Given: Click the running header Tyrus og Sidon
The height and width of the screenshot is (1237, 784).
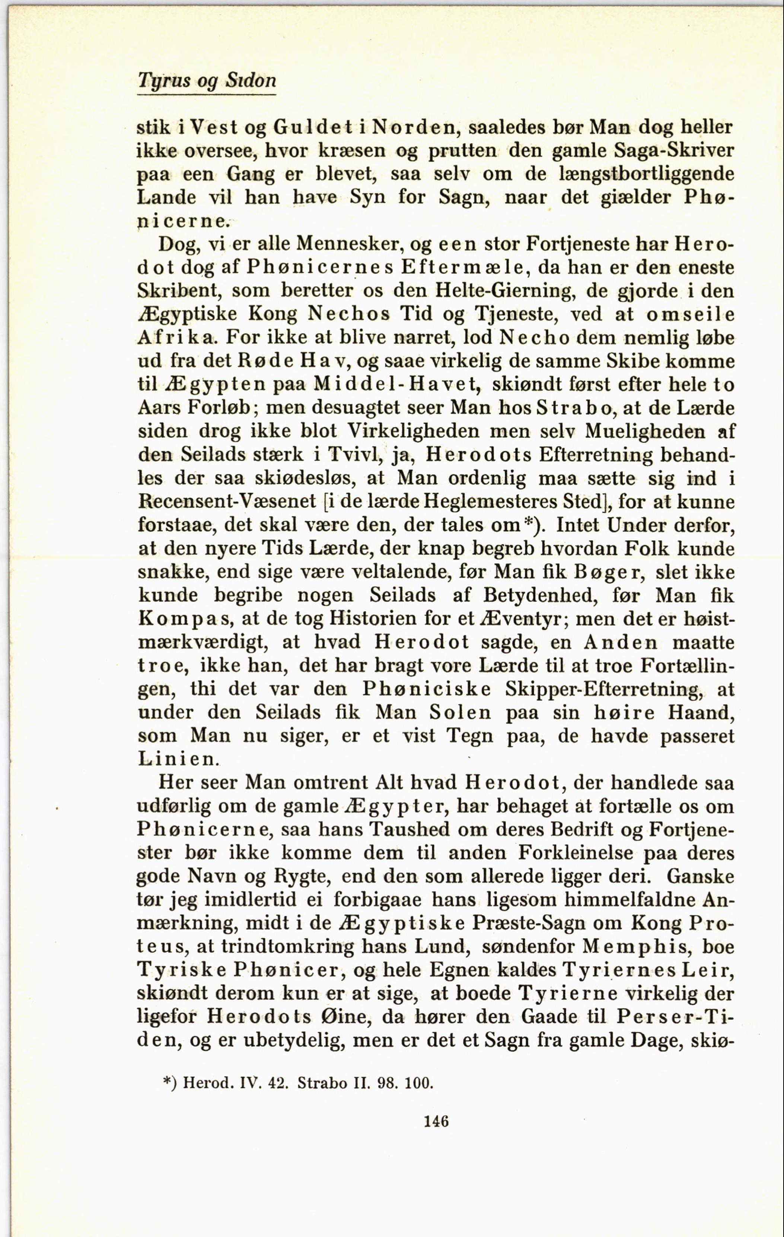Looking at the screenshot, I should [207, 80].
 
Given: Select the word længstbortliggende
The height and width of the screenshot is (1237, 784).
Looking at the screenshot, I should [646, 174].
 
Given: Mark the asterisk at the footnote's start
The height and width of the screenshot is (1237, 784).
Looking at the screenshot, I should [167, 1081].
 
